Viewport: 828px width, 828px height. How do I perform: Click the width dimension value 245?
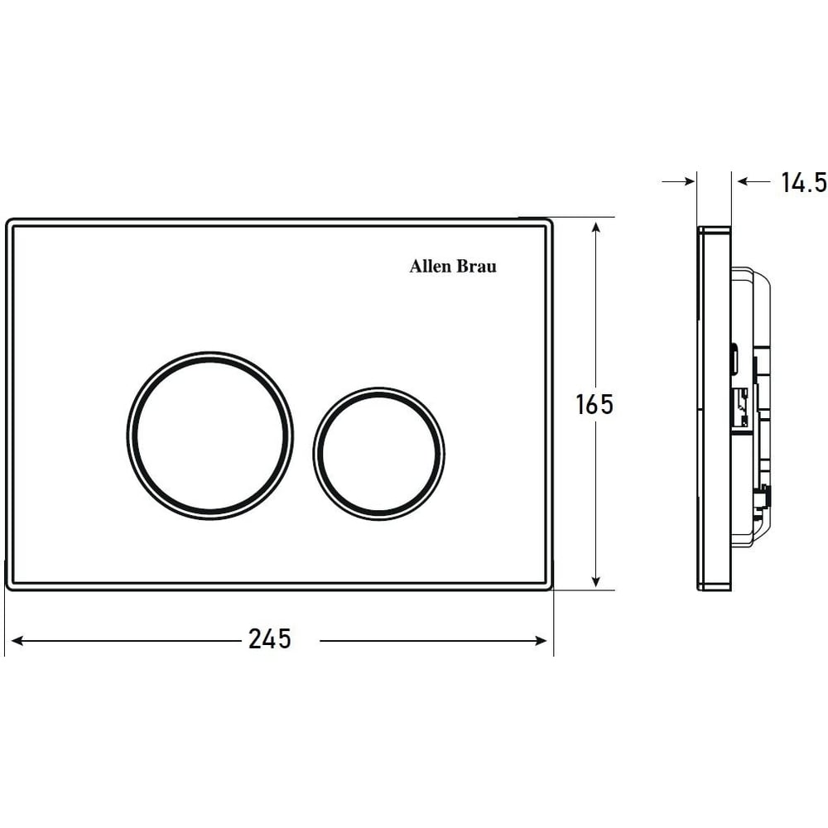click(269, 639)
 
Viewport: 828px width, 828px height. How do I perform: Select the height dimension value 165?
click(595, 405)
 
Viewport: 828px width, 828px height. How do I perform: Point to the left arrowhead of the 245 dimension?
click(17, 641)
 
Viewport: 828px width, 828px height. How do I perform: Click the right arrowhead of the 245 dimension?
click(542, 641)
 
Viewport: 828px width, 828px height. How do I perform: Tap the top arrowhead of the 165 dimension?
click(596, 229)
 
